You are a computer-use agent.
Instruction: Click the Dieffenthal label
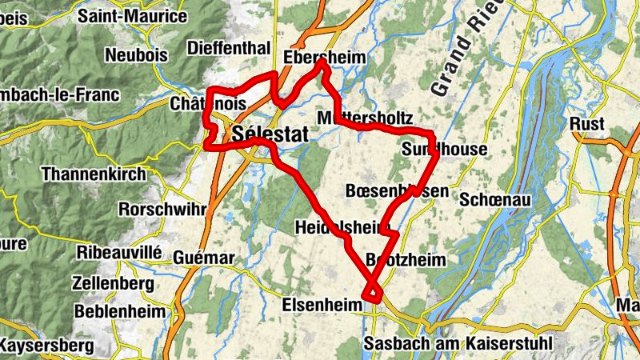click(228, 48)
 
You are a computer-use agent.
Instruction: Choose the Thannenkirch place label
click(94, 174)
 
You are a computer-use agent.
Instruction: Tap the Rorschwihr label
click(162, 209)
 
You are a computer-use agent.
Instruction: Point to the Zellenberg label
click(112, 283)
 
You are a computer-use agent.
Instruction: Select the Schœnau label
click(496, 199)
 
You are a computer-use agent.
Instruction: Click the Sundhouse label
click(444, 150)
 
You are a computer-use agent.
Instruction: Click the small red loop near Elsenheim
click(373, 293)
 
